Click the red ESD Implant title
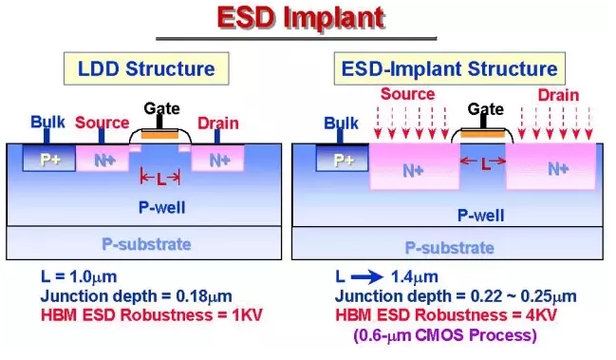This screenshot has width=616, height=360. click(x=301, y=18)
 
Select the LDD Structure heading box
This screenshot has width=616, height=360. click(x=146, y=68)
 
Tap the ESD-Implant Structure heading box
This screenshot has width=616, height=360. click(x=450, y=68)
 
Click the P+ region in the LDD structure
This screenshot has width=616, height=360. click(x=49, y=158)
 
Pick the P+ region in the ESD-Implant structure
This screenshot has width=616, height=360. click(x=343, y=159)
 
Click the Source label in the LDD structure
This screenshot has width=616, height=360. click(x=103, y=123)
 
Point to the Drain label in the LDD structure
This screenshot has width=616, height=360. click(x=218, y=123)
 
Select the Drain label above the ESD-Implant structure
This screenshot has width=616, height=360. click(x=558, y=95)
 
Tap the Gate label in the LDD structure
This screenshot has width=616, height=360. click(x=161, y=108)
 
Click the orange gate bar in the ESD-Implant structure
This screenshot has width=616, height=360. click(x=482, y=135)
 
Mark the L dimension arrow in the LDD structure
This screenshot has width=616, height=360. click(x=160, y=179)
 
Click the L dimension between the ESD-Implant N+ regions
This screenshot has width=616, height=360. click(x=483, y=161)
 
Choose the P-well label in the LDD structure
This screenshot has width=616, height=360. click(x=162, y=207)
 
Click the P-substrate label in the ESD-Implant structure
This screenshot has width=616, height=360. click(x=450, y=248)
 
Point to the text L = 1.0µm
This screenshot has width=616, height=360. click(x=79, y=276)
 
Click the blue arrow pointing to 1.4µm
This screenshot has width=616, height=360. click(x=367, y=277)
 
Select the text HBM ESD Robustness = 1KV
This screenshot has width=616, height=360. click(x=151, y=315)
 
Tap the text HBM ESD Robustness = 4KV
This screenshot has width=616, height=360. click(x=446, y=315)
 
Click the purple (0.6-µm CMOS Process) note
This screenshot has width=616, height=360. click(x=445, y=335)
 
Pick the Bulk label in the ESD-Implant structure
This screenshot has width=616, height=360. click(x=341, y=123)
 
